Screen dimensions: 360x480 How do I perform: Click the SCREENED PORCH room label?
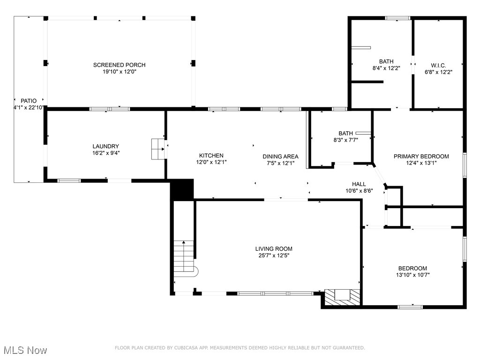[x=119, y=65]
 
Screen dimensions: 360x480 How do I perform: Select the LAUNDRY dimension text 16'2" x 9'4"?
[x=105, y=153]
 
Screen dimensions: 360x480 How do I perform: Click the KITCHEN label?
[x=211, y=156]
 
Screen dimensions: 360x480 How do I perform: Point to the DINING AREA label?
[x=280, y=157]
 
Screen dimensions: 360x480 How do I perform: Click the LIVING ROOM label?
[x=274, y=249]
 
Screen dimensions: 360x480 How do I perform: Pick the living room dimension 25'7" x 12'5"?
[x=274, y=256]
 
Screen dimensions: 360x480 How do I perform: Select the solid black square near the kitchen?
[x=182, y=189]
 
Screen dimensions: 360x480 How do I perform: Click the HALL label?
[x=359, y=184]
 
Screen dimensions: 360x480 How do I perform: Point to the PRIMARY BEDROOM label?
[x=421, y=157]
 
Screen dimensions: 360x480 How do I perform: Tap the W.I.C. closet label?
[x=438, y=65]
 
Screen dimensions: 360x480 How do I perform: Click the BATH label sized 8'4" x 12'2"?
[x=386, y=61]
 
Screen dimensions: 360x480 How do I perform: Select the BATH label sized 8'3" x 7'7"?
[x=345, y=133]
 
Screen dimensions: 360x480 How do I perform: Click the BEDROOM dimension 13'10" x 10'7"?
[x=413, y=275]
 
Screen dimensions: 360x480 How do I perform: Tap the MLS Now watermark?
[x=25, y=350]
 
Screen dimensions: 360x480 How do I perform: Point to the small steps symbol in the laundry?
[x=157, y=149]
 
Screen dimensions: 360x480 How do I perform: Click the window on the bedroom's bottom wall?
[x=410, y=307]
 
